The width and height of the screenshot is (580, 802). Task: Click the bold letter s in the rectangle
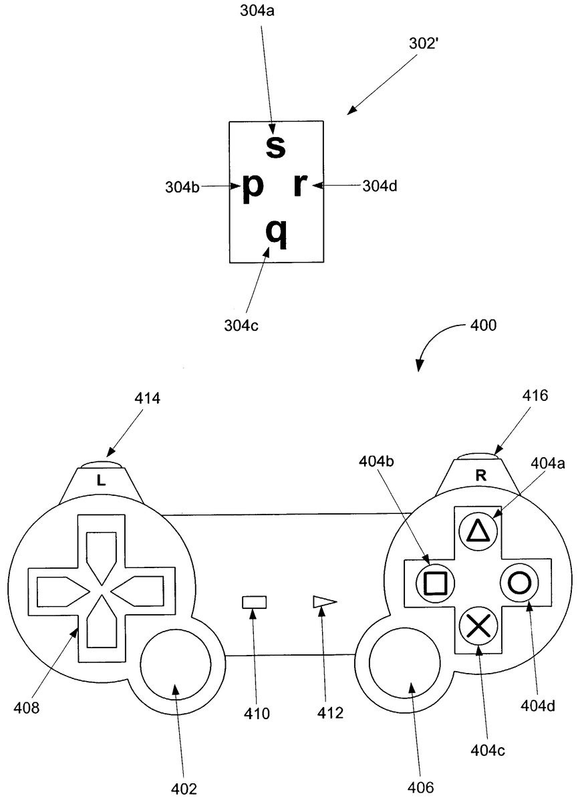275,146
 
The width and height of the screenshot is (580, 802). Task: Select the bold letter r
300,187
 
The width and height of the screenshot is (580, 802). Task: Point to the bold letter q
276,232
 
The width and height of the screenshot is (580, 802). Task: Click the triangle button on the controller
477,531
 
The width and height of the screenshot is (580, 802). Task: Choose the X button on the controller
477,626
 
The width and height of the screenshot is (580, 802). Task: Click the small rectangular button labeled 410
254,602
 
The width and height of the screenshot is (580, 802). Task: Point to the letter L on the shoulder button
101,480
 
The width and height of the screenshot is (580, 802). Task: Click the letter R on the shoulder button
480,476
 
